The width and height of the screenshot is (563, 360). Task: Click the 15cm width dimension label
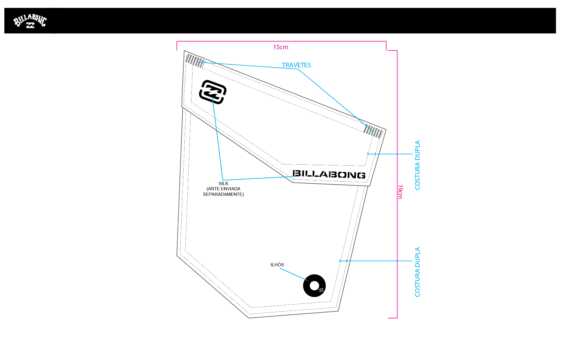281,47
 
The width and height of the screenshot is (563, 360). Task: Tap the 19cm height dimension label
400,192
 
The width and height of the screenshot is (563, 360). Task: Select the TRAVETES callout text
296,65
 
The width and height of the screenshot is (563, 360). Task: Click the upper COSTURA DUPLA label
417,165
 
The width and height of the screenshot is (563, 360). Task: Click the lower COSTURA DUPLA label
417,272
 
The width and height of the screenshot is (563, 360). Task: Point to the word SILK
223,184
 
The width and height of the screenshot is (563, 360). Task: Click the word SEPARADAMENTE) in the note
223,194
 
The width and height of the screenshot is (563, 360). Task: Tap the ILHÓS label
277,265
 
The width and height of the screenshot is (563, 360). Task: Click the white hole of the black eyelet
314,286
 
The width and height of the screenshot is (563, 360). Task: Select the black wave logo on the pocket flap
213,92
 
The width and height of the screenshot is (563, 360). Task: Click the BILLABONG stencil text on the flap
329,174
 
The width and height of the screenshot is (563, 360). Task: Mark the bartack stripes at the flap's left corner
195,61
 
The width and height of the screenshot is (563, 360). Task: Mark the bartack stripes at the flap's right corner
373,131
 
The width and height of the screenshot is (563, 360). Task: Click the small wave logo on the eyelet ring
321,290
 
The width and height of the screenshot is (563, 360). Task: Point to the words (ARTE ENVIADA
223,189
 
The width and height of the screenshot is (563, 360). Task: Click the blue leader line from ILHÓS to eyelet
294,274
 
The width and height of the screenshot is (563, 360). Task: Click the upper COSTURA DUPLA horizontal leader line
390,154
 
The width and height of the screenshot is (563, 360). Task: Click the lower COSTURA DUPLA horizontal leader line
376,261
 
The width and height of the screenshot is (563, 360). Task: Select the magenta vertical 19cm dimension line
397,184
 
